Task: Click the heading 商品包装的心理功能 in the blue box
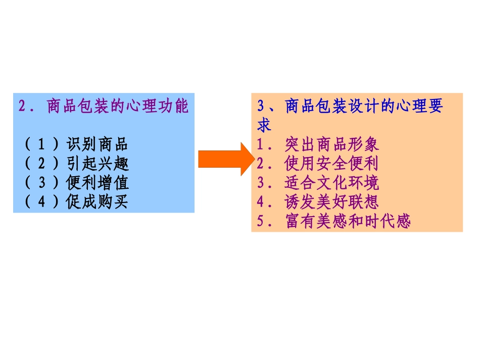(x=117, y=107)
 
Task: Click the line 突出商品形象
(x=331, y=145)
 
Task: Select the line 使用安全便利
(x=331, y=164)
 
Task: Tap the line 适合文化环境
(x=331, y=183)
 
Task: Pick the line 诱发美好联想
(x=331, y=202)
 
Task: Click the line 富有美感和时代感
(x=348, y=221)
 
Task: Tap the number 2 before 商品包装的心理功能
(x=22, y=107)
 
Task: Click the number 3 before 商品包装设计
(x=261, y=107)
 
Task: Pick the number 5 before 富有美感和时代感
(x=261, y=221)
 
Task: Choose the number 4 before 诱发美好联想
(x=261, y=202)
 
